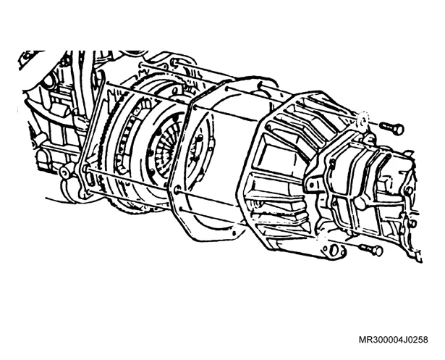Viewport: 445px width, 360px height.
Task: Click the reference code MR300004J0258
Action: point(394,340)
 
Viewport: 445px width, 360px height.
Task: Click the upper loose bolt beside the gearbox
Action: point(392,127)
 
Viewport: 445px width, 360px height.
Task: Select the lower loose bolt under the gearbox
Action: point(371,249)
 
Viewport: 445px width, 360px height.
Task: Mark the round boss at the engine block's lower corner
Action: point(66,172)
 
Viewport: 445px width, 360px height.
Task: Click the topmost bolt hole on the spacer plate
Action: point(227,89)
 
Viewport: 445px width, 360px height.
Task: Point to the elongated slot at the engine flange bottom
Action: point(91,179)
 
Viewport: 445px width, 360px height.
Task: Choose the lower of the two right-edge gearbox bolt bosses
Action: point(412,224)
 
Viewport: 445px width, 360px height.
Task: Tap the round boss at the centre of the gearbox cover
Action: point(361,202)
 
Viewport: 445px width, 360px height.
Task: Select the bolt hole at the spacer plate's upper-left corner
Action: point(195,107)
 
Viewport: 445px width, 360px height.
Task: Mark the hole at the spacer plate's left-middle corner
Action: point(177,188)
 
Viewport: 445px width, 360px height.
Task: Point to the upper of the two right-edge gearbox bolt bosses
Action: point(410,191)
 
